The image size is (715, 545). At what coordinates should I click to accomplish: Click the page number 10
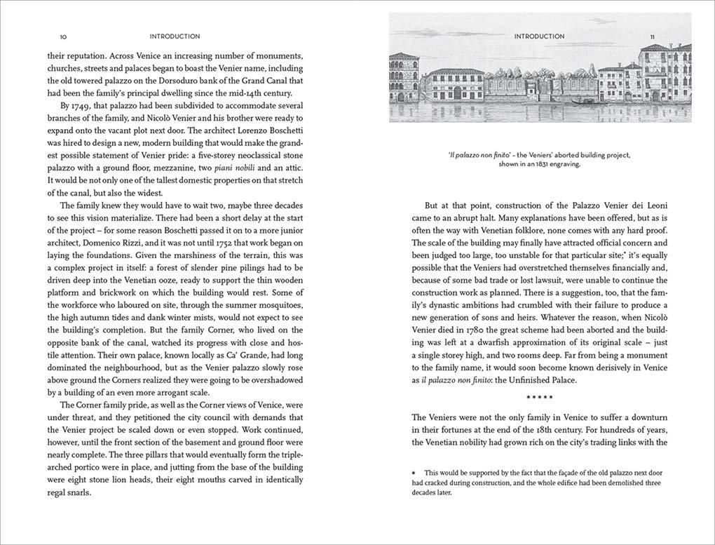pyautogui.click(x=63, y=36)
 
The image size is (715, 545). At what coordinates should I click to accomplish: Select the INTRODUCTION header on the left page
pyautogui.click(x=175, y=36)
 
